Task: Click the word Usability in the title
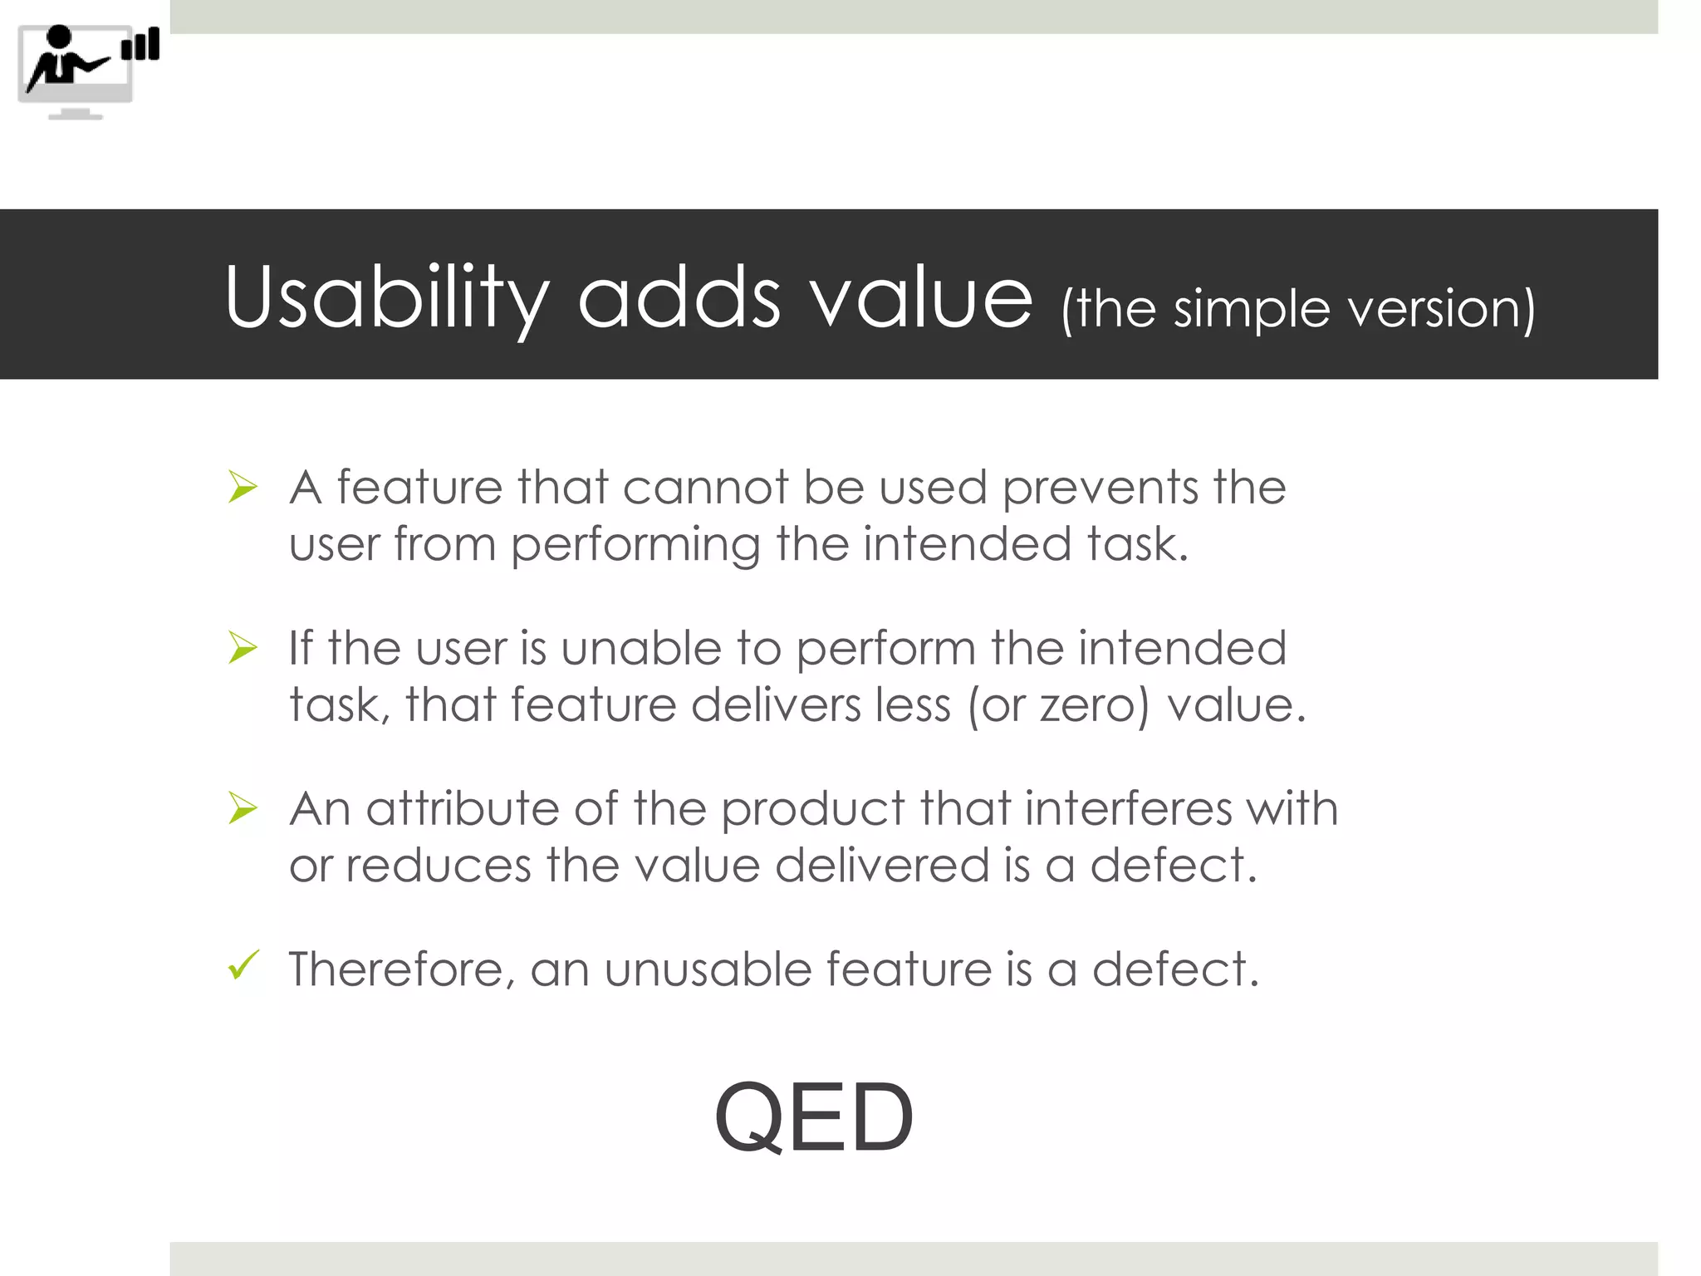pyautogui.click(x=386, y=297)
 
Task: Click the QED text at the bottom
pyautogui.click(x=814, y=1117)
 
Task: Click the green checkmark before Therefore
pyautogui.click(x=243, y=965)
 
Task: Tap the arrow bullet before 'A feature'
pyautogui.click(x=243, y=487)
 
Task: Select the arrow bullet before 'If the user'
pyautogui.click(x=243, y=648)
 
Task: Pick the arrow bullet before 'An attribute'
pyautogui.click(x=243, y=808)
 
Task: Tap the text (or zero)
pyautogui.click(x=1058, y=705)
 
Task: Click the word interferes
pyautogui.click(x=1128, y=808)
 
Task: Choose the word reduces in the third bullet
pyautogui.click(x=438, y=866)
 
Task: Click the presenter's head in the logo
pyautogui.click(x=59, y=37)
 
